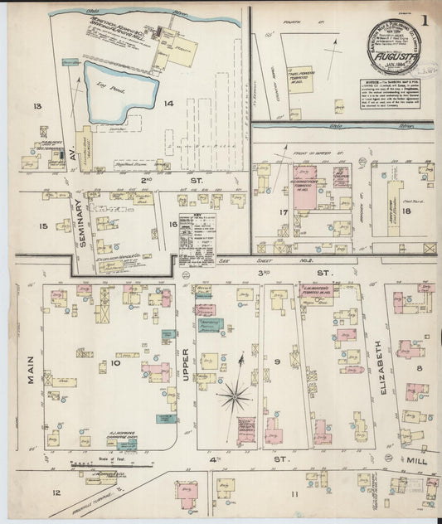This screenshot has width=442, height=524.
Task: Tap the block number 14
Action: pos(168,104)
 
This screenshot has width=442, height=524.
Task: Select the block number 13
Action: pos(36,108)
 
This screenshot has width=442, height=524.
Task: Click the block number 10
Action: pos(116,363)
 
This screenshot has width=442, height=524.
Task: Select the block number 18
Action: pos(407,211)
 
